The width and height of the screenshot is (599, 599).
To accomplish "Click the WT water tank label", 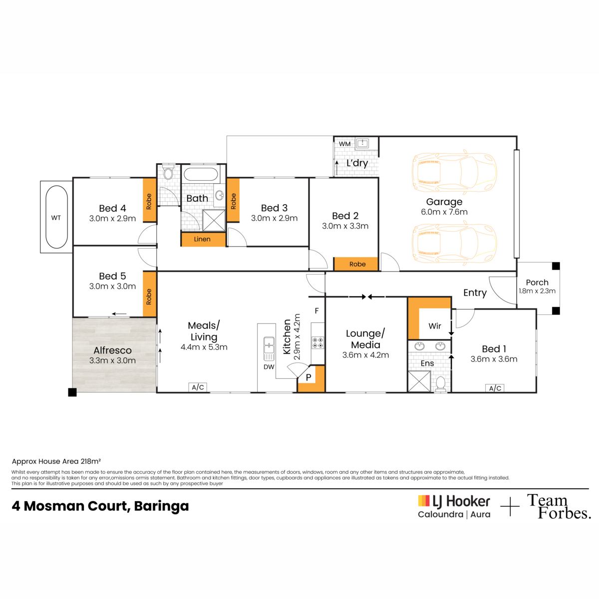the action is [56, 218].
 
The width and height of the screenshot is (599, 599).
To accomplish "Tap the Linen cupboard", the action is [203, 240].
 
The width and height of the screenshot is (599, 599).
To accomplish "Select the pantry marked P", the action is [311, 379].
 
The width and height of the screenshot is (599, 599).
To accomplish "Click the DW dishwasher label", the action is [269, 367].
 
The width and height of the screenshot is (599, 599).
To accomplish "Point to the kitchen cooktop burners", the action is [317, 342].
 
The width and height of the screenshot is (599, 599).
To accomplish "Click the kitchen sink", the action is [269, 348].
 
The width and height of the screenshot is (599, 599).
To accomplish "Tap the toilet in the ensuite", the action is [440, 383].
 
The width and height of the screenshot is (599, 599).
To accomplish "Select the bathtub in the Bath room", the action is [201, 174].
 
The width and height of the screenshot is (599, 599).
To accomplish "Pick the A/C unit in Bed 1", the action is [495, 388].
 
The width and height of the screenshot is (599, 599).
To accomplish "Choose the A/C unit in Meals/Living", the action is [198, 387].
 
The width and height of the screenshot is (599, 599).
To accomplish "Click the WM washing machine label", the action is [345, 144].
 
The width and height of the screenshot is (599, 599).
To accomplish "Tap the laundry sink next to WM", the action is [362, 143].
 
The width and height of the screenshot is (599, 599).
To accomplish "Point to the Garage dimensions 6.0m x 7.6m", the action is [444, 212].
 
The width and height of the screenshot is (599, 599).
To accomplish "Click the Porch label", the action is [537, 282].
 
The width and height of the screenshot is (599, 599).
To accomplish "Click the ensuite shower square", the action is [419, 381].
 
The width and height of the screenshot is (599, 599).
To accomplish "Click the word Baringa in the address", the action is [161, 506].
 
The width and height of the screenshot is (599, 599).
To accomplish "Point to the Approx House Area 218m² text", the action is [56, 461].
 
